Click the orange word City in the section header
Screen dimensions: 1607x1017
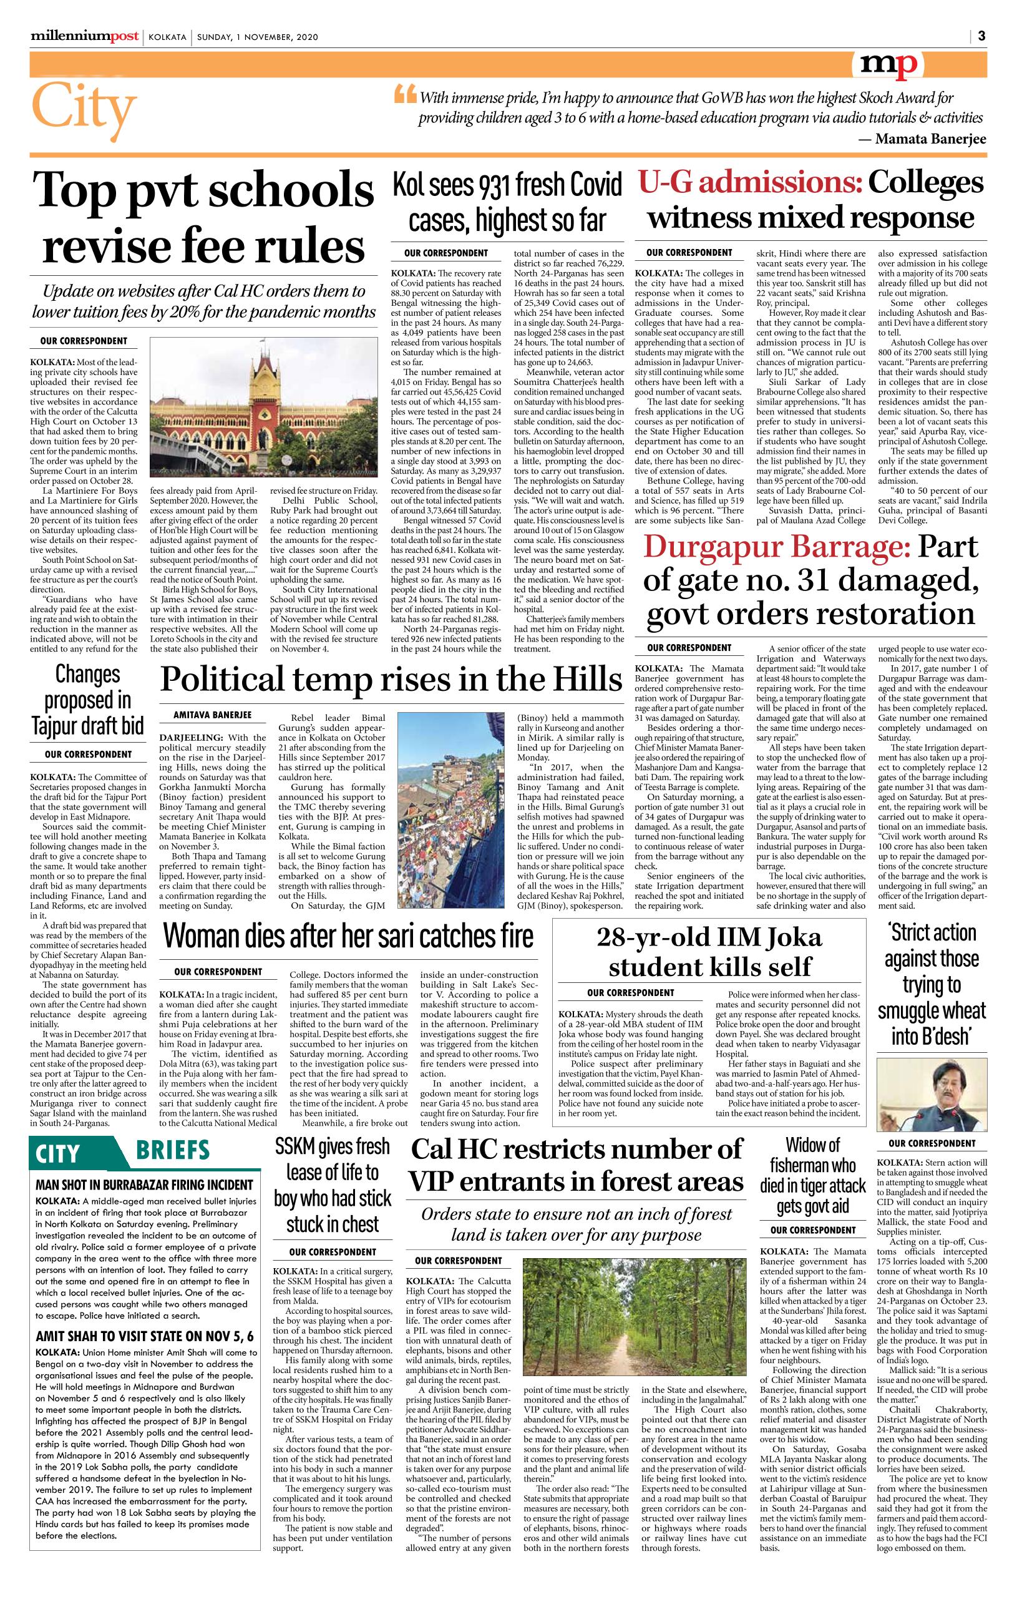84,109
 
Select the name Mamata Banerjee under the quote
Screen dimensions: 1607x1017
930,139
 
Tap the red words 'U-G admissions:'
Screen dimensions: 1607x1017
749,183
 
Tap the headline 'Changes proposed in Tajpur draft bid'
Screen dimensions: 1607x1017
87,700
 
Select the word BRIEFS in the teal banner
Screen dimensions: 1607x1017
173,1151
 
